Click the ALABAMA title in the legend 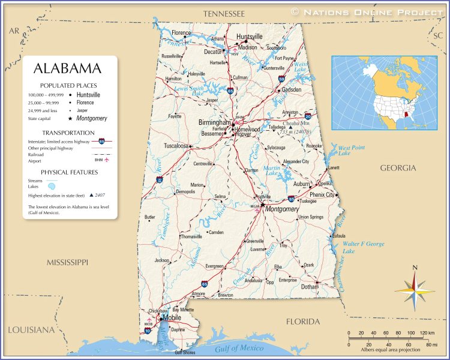tap(67, 68)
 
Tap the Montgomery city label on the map tap(282, 209)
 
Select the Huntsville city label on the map tap(249, 37)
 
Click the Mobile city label tap(172, 317)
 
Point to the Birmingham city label tap(214, 122)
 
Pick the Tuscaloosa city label tap(176, 146)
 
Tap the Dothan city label tap(309, 287)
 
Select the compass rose tap(414, 288)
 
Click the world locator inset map tap(384, 93)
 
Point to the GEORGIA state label tap(397, 168)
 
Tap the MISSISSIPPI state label tap(68, 262)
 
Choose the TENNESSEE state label tap(224, 13)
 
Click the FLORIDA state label tap(303, 322)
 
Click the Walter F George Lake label tap(364, 247)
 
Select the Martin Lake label tap(271, 171)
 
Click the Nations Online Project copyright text tap(368, 11)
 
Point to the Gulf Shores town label tap(185, 352)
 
